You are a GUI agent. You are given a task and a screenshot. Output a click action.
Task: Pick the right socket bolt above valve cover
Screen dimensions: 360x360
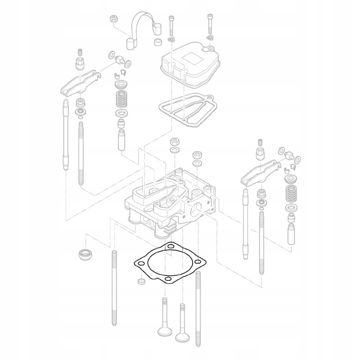(210, 25)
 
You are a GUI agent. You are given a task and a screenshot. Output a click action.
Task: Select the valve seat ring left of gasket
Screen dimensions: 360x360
(85, 255)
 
